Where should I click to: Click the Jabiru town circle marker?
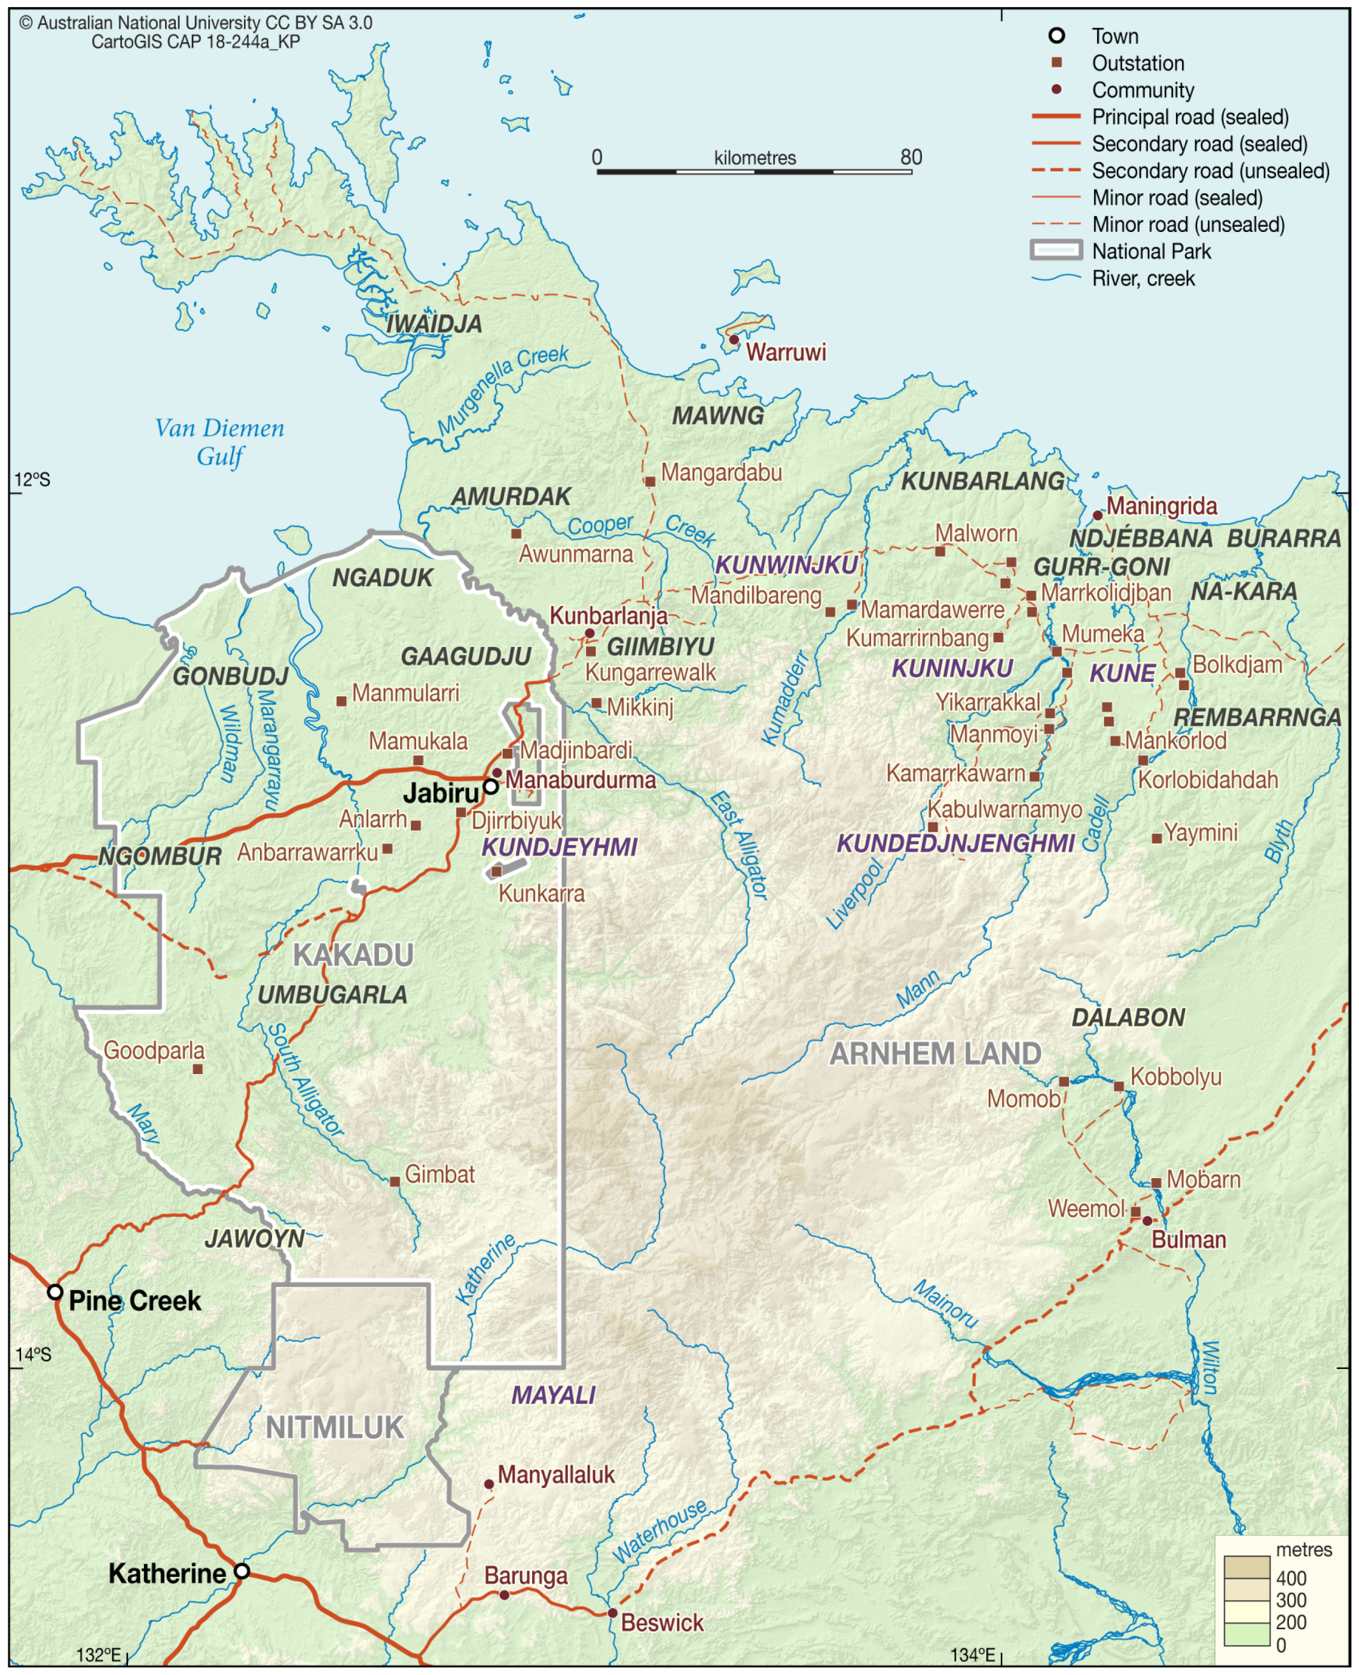coord(490,787)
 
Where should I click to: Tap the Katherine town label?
coord(167,1573)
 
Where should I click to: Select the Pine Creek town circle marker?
coord(55,1291)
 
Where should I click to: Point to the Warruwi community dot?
coord(733,339)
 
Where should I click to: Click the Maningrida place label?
coord(1161,506)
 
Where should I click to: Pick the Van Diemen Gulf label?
coord(219,442)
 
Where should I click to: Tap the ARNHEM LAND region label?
coord(935,1053)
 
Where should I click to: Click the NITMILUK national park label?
coord(334,1428)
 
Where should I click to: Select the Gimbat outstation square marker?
coord(394,1182)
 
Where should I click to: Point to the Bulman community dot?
coord(1147,1221)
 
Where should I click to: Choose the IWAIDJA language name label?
coord(434,323)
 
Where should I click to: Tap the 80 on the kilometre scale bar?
coord(910,157)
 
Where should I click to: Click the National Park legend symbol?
coord(1056,250)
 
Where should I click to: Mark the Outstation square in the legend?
coord(1056,62)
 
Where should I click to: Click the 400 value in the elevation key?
coord(1290,1578)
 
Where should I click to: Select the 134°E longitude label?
coord(972,1655)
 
